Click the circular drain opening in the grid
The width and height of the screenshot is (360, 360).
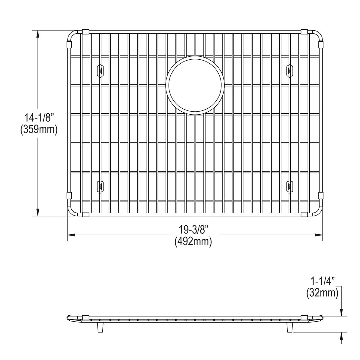tap(195, 85)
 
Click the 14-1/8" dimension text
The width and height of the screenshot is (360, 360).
tap(38, 117)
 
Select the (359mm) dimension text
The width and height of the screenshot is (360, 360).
tap(38, 130)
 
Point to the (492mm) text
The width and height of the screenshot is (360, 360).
tap(193, 242)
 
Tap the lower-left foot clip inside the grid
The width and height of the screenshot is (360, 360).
tap(100, 186)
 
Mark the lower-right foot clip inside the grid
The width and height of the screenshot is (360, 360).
tap(290, 186)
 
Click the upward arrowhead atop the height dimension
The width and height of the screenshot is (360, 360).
tap(38, 34)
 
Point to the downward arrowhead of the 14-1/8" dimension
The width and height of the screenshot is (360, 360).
tap(38, 212)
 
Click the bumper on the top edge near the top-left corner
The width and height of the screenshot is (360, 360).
tap(85, 32)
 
